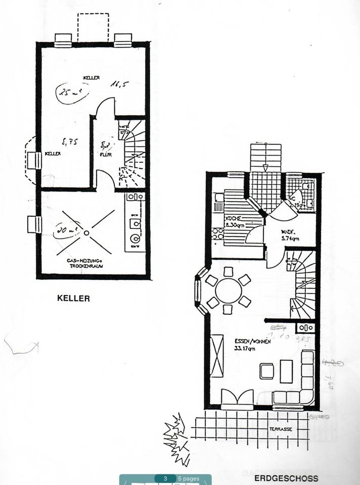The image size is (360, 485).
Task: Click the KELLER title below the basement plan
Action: (73, 299)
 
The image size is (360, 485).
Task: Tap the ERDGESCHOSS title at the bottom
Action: (286, 478)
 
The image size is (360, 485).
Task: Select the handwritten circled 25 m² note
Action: (72, 92)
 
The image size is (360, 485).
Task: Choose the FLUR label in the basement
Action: (105, 156)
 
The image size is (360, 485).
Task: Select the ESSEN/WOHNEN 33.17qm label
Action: (252, 344)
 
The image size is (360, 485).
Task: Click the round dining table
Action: (229, 290)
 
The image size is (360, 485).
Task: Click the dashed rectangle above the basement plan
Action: (93, 27)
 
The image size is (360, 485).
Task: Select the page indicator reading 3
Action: (165, 478)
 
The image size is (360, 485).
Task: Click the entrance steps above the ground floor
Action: (265, 157)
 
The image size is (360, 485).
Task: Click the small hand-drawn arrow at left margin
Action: (21, 346)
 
